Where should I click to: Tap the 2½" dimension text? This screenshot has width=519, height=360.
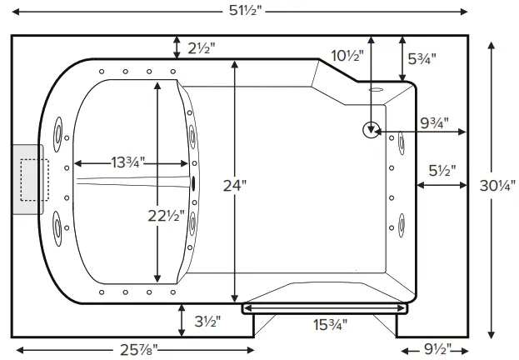pos(199,48)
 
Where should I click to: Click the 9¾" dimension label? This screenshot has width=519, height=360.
pos(434,123)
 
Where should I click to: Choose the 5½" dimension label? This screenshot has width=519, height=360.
pos(442,170)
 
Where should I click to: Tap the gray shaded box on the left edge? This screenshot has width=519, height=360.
pos(27,178)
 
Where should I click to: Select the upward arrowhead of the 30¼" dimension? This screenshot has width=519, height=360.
pos(492,43)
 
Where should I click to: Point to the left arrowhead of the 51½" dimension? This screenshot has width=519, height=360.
pos(17,11)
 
